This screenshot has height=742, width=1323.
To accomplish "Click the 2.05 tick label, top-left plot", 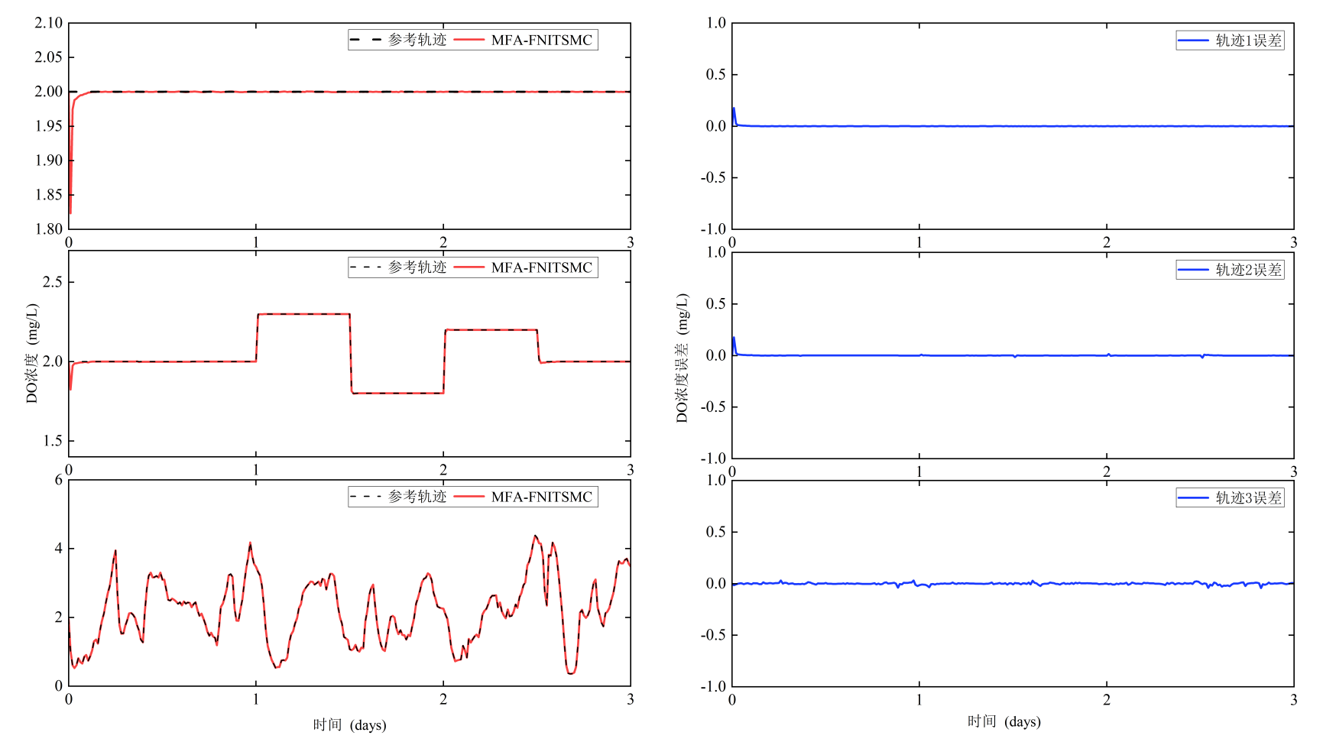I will pos(49,57).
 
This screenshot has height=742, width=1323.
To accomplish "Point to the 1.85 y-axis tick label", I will pos(49,195).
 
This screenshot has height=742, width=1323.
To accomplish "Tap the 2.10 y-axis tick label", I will pos(49,23).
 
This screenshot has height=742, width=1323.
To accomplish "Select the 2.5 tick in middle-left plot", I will pos(53,282).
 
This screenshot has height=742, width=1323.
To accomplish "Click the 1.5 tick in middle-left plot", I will pos(53,441).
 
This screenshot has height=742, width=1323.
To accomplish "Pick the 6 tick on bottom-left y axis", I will pos(59,480).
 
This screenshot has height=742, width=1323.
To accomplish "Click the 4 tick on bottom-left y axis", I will pos(59,549).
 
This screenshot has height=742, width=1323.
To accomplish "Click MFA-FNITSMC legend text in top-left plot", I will pos(541,41).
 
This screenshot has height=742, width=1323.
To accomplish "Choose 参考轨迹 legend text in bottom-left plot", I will pos(417,497).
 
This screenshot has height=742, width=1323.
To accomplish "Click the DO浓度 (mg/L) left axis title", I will pos(32,353).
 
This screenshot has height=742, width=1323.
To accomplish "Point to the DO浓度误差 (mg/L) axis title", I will pos(682,357).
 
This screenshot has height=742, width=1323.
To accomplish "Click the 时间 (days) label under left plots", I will pos(349,724).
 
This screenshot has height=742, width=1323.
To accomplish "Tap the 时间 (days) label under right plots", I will pos(1004,721).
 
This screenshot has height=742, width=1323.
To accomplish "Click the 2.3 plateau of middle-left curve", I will pos(303,314).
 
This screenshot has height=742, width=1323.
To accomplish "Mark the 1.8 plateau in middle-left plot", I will pos(397,393).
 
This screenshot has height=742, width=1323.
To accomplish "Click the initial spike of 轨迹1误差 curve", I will pos(734,109).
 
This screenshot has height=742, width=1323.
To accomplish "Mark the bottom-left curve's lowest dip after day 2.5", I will pos(570,672).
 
